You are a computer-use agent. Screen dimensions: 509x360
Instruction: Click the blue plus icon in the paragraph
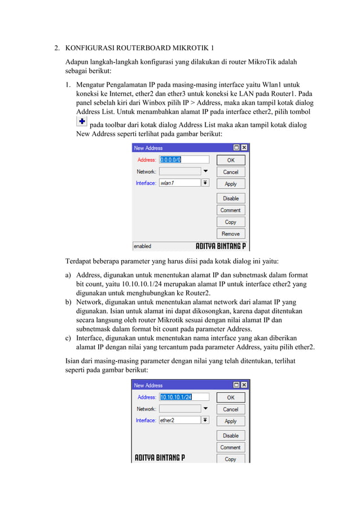pyautogui.click(x=81, y=123)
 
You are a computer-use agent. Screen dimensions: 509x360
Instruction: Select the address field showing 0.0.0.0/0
pyautogui.click(x=184, y=160)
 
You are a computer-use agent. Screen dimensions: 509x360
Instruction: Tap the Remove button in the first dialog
pyautogui.click(x=230, y=234)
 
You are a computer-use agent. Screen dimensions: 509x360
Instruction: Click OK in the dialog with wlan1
pyautogui.click(x=230, y=160)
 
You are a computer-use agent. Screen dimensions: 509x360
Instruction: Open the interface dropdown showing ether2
pyautogui.click(x=205, y=420)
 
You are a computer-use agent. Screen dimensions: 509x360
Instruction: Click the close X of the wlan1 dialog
pyautogui.click(x=244, y=148)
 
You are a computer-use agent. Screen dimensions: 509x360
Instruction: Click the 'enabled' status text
pyautogui.click(x=142, y=246)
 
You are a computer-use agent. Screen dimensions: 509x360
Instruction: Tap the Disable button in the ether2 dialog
pyautogui.click(x=230, y=436)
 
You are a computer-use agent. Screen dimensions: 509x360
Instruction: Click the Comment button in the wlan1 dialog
pyautogui.click(x=230, y=210)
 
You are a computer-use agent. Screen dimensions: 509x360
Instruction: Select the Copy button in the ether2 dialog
pyautogui.click(x=230, y=459)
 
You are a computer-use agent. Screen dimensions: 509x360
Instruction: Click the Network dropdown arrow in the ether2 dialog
pyautogui.click(x=205, y=409)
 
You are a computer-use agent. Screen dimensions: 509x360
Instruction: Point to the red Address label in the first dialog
pyautogui.click(x=147, y=160)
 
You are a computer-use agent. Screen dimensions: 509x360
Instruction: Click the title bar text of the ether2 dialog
pyautogui.click(x=148, y=385)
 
